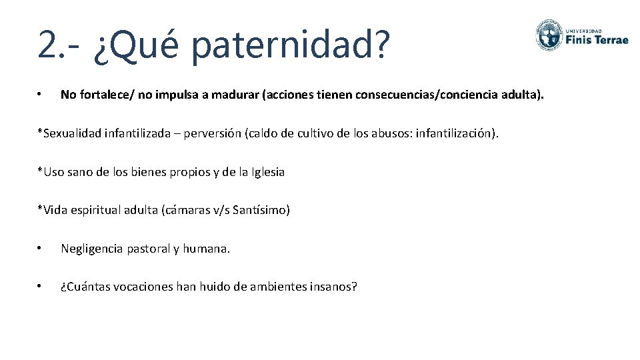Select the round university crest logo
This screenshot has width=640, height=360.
pyautogui.click(x=548, y=34)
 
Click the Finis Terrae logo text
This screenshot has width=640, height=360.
pyautogui.click(x=597, y=39)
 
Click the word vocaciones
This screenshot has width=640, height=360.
pyautogui.click(x=140, y=287)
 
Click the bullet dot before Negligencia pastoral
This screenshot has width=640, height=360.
pyautogui.click(x=41, y=249)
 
